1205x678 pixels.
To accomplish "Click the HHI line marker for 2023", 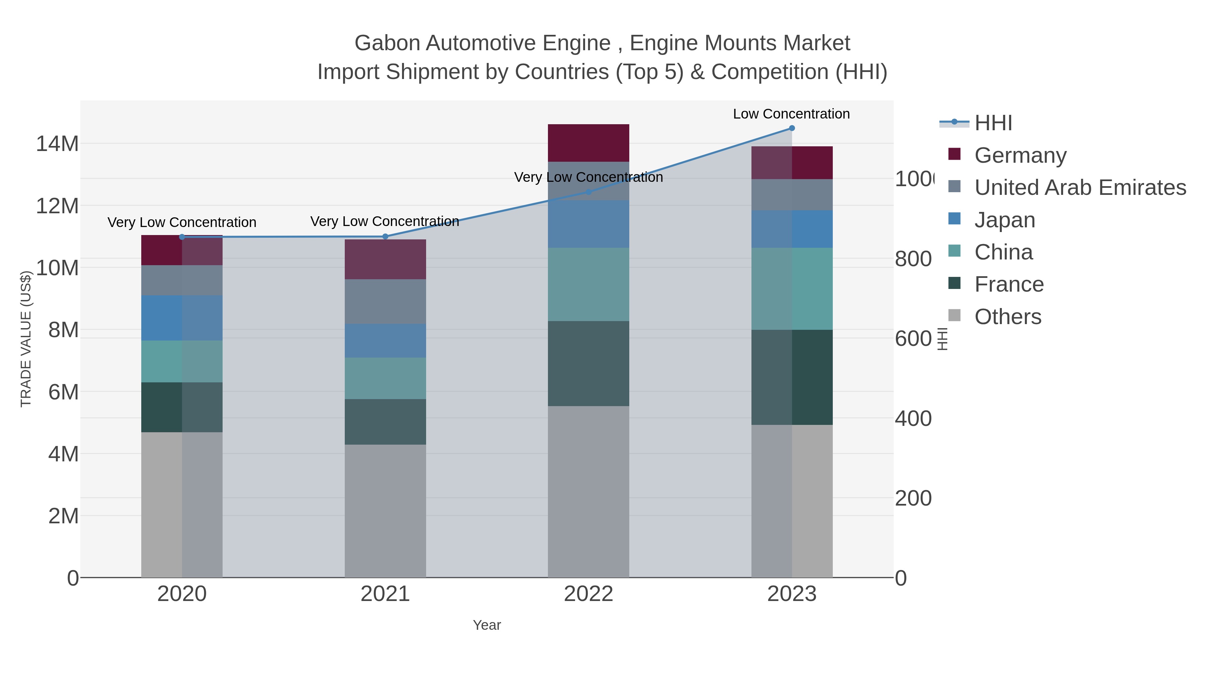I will coord(792,128).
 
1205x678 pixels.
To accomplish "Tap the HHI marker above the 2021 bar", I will coord(385,236).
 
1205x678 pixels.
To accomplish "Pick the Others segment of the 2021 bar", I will coord(385,511).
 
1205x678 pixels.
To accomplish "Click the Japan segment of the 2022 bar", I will coord(588,224).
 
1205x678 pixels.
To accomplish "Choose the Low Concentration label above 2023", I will coord(791,114).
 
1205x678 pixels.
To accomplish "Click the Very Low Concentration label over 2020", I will coord(182,222).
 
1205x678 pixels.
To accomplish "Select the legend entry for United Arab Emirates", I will coord(1080,187).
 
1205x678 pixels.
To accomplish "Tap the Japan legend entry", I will coord(1004,220).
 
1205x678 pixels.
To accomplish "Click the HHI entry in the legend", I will coord(993,123).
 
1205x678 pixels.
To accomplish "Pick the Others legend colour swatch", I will coord(954,315).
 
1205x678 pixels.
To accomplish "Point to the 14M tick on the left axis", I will coord(57,143).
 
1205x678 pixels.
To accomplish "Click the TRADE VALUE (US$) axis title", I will coord(26,339).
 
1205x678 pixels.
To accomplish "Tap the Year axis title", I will coord(486,625).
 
